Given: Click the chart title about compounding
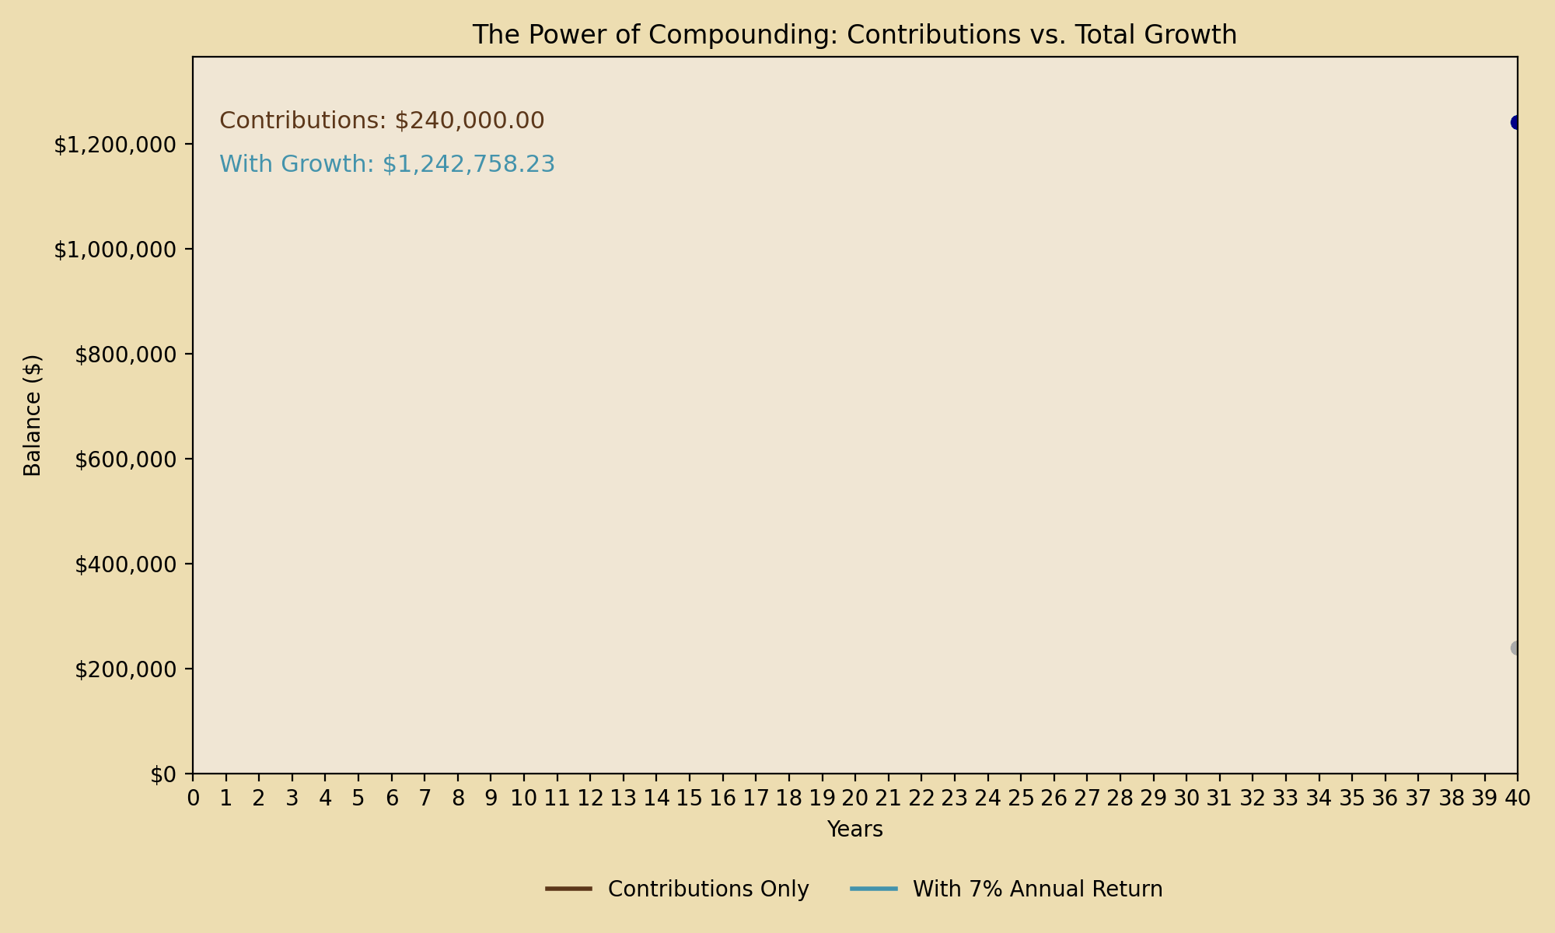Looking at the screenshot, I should (854, 35).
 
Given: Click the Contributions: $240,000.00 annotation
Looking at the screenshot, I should (382, 121).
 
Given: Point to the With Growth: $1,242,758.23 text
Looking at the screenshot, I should (387, 164).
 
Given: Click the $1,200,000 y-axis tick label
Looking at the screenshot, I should (114, 145).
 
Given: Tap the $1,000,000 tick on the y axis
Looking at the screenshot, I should (114, 250).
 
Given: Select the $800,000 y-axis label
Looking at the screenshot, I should (124, 355).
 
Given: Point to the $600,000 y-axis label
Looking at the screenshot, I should (124, 460).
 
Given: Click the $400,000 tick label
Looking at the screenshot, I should (124, 564).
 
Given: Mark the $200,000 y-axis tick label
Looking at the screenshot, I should (124, 669).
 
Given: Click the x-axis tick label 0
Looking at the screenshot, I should (193, 798).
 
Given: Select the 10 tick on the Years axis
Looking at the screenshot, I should (524, 798).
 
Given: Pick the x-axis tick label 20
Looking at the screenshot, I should (855, 798).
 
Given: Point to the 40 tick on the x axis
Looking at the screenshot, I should (1517, 798).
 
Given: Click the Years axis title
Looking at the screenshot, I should (854, 830).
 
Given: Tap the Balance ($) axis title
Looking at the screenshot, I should (32, 415).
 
